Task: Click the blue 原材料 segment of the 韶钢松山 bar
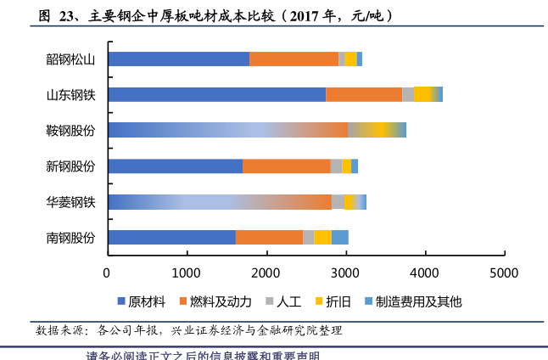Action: [x=178, y=59]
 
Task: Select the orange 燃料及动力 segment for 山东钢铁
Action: [x=363, y=94]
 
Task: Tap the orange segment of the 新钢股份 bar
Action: [x=286, y=166]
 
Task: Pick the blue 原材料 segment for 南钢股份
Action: [x=171, y=237]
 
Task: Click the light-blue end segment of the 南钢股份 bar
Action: [x=339, y=237]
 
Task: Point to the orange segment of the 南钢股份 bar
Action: [x=269, y=237]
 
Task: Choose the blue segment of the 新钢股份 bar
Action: [x=175, y=166]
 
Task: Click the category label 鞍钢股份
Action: [x=70, y=130]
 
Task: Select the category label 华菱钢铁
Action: [x=70, y=201]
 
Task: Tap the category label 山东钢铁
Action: [x=70, y=94]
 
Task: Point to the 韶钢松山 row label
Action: [x=70, y=59]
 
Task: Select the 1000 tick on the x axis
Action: [x=187, y=273]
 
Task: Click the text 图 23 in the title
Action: [x=53, y=15]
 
